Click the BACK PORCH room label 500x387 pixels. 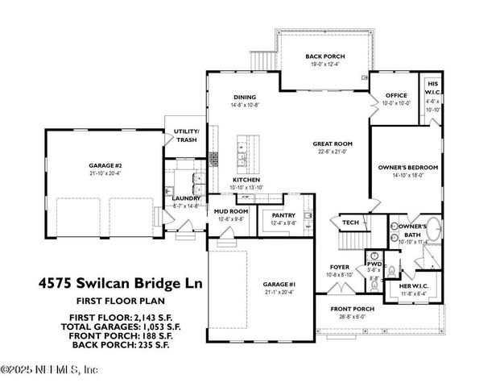[x=324, y=56]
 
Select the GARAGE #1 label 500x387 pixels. [x=280, y=285]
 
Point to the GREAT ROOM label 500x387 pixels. [x=331, y=144]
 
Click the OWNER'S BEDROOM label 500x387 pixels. [x=407, y=167]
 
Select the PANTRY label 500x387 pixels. [x=283, y=215]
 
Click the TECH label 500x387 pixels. [x=350, y=223]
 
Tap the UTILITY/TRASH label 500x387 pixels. [x=187, y=135]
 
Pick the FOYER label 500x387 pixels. [x=339, y=266]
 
